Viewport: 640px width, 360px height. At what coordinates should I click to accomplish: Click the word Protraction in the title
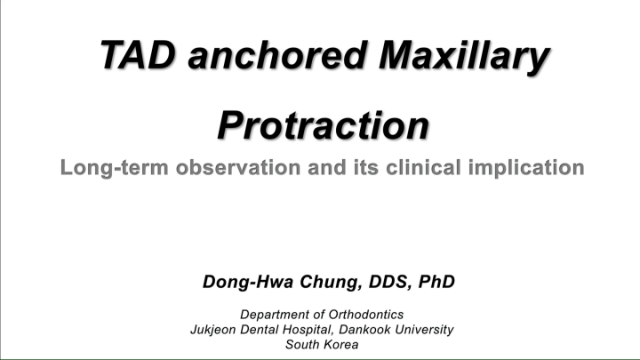323,125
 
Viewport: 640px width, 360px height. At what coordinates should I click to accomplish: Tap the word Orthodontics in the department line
365,315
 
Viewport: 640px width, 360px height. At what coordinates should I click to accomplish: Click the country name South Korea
322,345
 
